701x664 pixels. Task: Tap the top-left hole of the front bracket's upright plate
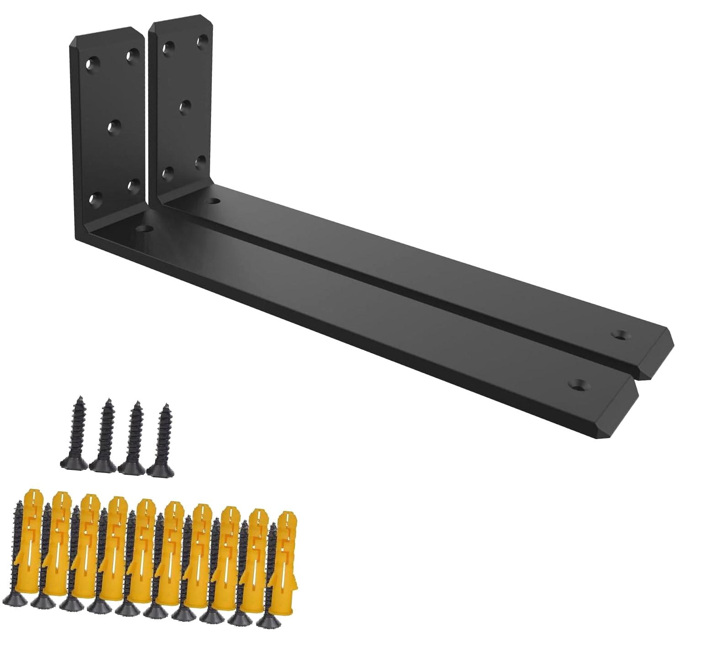(93, 64)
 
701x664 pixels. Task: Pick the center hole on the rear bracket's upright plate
(185, 106)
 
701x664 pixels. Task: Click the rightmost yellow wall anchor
(284, 553)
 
